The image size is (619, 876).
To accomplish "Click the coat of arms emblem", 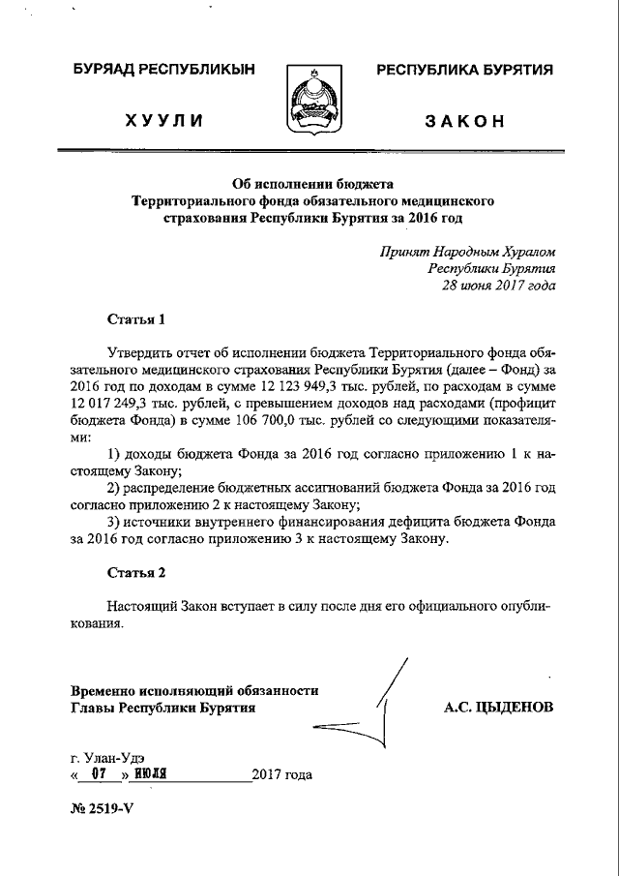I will coord(309,98).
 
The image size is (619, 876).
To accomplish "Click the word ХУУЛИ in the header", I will coord(163,121).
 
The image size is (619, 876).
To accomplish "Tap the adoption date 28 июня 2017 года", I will coord(499,286).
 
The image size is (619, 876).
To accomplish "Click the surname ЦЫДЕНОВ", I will coord(514,708).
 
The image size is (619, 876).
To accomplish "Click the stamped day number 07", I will coord(97,774).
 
